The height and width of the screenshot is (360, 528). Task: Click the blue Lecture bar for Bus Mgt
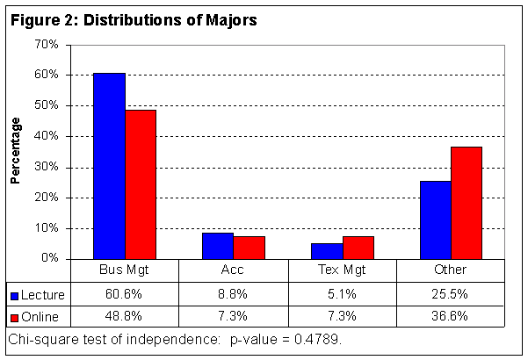point(110,166)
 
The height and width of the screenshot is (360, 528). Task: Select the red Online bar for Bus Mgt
point(141,184)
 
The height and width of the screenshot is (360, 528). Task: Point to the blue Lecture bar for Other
point(436,220)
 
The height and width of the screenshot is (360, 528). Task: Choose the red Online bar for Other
point(467,203)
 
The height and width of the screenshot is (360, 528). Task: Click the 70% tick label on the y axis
point(47,44)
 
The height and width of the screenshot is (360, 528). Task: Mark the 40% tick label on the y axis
point(47,136)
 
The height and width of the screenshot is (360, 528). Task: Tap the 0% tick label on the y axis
point(49,259)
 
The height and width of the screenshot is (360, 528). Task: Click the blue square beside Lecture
point(16,293)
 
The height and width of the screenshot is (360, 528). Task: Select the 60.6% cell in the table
point(125,293)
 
